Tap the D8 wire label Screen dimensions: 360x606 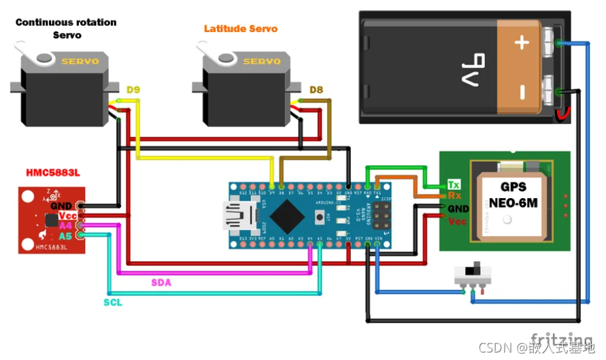click(x=316, y=90)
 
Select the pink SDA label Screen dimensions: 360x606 click(x=162, y=282)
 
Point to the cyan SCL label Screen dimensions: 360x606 click(x=113, y=301)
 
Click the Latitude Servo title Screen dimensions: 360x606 click(x=241, y=29)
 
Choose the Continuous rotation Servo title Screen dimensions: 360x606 click(x=66, y=29)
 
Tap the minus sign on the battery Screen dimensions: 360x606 click(x=522, y=91)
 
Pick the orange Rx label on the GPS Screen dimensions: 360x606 click(x=454, y=196)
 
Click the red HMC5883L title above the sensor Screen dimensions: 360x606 click(x=52, y=173)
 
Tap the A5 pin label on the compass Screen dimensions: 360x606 click(x=65, y=236)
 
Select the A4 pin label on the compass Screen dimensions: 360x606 click(x=65, y=225)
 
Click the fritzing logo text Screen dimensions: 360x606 click(x=561, y=338)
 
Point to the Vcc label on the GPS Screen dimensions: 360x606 click(x=457, y=221)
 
